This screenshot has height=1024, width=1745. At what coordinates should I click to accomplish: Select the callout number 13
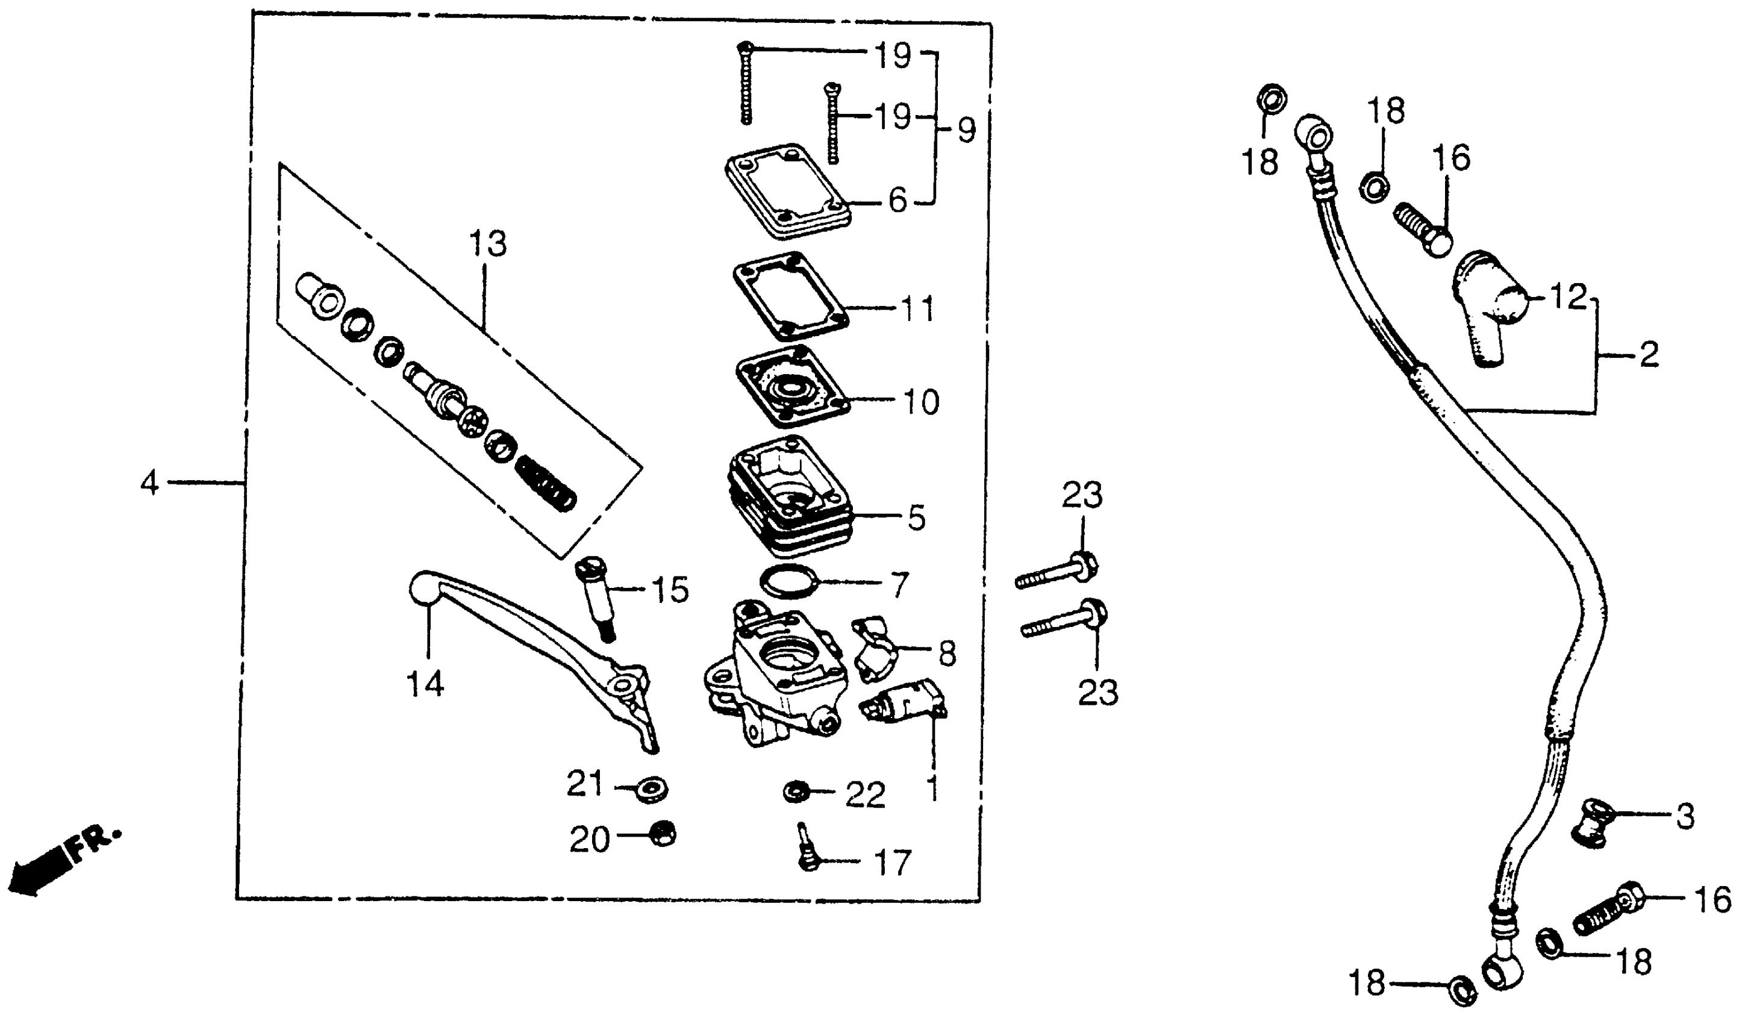pos(487,245)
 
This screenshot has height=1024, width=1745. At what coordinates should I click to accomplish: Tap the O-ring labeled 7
pos(790,582)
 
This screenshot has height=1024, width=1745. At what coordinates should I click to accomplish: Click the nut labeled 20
pos(664,835)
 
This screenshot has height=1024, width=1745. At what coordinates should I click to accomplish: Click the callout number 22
pos(865,795)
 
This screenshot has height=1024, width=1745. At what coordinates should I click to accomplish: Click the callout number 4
pos(149,482)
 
